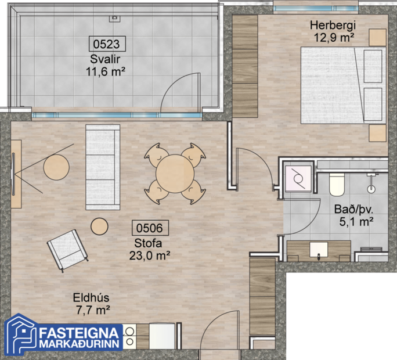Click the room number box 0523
106,44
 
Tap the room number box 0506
150,228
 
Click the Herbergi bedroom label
332,26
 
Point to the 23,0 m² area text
149,254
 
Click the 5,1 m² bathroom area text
355,221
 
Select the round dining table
175,172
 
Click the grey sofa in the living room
102,167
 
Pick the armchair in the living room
67,248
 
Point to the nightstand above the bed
378,37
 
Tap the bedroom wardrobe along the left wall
244,67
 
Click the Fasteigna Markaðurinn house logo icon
20,335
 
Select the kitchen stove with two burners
129,337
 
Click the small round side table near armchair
100,226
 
